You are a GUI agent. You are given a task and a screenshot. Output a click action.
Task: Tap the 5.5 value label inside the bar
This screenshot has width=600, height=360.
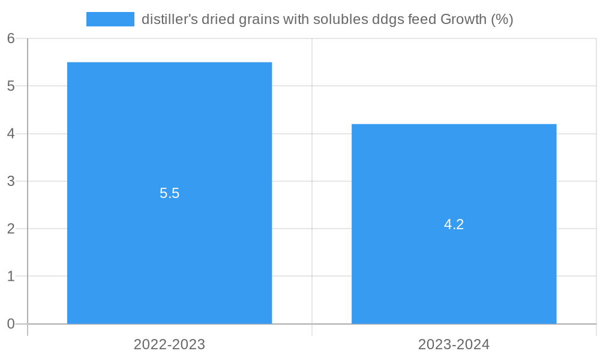[169, 193]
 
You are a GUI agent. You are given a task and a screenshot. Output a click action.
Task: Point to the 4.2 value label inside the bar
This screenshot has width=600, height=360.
[454, 224]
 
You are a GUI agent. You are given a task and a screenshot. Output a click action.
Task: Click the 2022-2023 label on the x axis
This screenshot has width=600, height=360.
[169, 344]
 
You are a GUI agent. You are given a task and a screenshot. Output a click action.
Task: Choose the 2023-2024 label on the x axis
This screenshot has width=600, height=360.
[454, 344]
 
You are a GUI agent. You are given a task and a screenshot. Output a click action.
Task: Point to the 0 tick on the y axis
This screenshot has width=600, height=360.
[11, 324]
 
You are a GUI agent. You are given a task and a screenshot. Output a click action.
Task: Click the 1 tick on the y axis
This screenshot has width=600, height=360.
[11, 277]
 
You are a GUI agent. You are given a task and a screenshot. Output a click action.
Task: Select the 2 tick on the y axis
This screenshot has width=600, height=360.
[11, 229]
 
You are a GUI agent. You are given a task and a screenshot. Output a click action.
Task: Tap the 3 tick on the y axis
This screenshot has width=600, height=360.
[11, 181]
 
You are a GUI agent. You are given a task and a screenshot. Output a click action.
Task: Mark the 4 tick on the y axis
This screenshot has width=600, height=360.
[11, 134]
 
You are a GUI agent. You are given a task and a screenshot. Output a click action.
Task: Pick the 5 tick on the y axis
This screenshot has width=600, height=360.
[11, 86]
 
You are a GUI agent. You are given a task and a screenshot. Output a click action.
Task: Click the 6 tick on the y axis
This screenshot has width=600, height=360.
[11, 38]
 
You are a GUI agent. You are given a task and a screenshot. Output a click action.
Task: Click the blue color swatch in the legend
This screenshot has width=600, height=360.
[110, 19]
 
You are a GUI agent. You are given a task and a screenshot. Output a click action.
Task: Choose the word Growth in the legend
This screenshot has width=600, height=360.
[463, 19]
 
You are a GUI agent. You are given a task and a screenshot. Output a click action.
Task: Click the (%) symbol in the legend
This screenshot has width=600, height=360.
[502, 19]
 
